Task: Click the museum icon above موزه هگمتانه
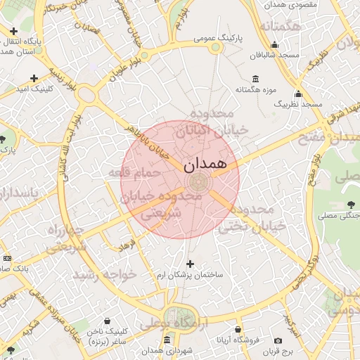pyautogui.click(x=254, y=78)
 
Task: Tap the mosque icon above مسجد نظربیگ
pyautogui.click(x=298, y=94)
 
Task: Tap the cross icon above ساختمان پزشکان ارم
pyautogui.click(x=189, y=264)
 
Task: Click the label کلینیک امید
pyautogui.click(x=34, y=89)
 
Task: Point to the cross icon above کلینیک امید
pyautogui.click(x=34, y=78)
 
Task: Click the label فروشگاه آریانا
pyautogui.click(x=239, y=340)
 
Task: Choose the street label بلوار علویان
pyautogui.click(x=126, y=70)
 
